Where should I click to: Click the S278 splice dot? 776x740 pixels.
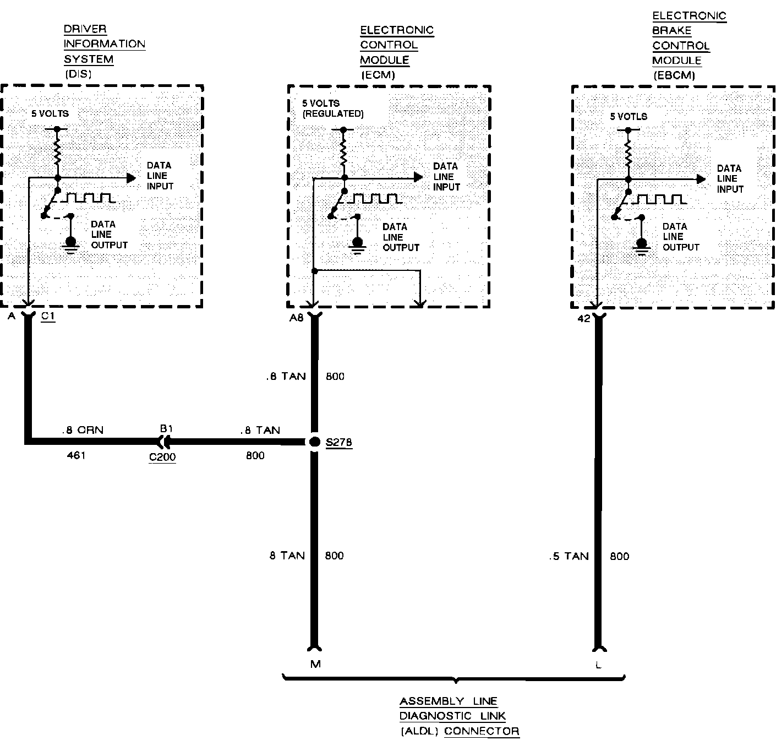pyautogui.click(x=314, y=442)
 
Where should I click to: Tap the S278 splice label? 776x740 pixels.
pyautogui.click(x=339, y=443)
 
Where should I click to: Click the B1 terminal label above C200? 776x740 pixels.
pyautogui.click(x=166, y=428)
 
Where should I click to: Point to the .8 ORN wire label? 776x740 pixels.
pyautogui.click(x=83, y=430)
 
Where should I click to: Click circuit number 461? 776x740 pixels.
pyautogui.click(x=76, y=455)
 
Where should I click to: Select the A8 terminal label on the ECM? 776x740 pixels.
pyautogui.click(x=297, y=318)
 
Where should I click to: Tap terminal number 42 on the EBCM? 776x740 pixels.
pyautogui.click(x=584, y=318)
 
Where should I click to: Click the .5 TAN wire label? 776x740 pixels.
pyautogui.click(x=569, y=556)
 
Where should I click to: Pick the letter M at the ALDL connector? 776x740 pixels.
pyautogui.click(x=315, y=664)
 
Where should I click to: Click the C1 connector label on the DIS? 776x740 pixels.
pyautogui.click(x=48, y=317)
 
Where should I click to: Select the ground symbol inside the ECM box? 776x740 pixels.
pyautogui.click(x=358, y=244)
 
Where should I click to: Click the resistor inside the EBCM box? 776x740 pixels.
pyautogui.click(x=628, y=153)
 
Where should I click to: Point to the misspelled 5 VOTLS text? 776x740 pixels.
pyautogui.click(x=629, y=116)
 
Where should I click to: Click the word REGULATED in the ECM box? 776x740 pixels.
pyautogui.click(x=333, y=114)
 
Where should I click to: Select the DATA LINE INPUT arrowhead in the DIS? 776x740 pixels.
pyautogui.click(x=131, y=178)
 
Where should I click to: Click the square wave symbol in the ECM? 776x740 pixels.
pyautogui.click(x=374, y=198)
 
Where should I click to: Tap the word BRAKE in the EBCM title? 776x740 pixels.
pyautogui.click(x=671, y=31)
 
